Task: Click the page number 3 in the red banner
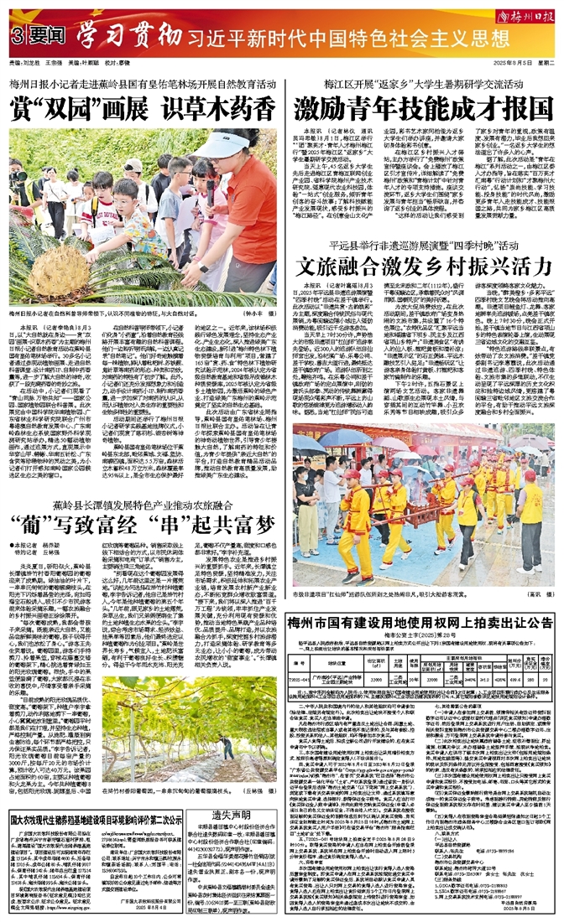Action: (18, 37)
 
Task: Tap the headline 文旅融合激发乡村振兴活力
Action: (422, 267)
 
